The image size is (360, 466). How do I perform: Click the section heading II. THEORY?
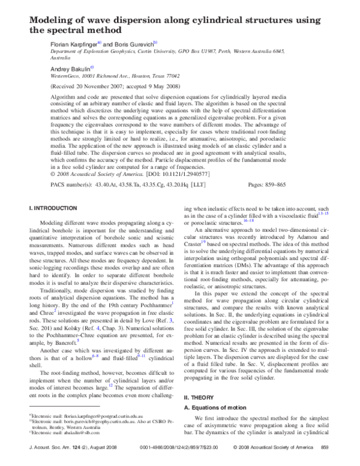tap(200, 398)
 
